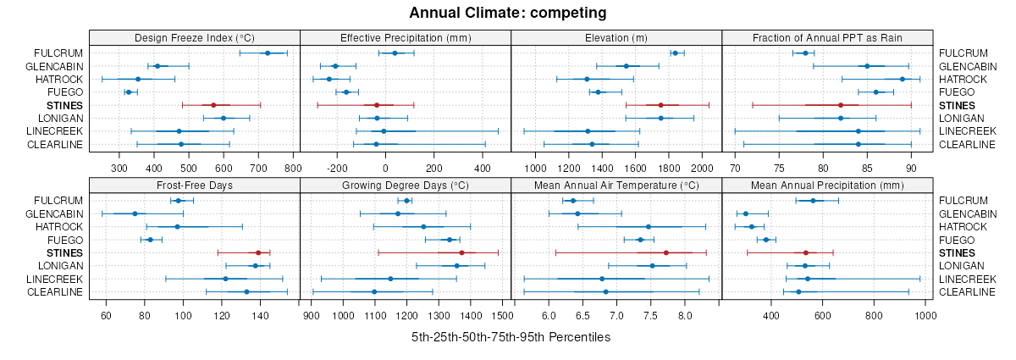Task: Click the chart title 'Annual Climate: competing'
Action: click(x=508, y=13)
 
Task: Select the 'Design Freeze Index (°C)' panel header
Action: click(x=194, y=38)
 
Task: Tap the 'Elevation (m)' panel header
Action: click(x=616, y=38)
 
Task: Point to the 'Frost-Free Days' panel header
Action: click(x=194, y=185)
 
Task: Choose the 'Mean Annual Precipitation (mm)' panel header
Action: click(x=827, y=185)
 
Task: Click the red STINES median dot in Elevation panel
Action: click(x=660, y=105)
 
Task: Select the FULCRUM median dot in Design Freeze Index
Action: click(x=268, y=53)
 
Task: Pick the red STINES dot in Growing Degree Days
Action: click(x=461, y=252)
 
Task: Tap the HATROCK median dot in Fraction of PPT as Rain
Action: click(x=903, y=79)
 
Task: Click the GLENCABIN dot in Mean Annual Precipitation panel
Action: click(x=746, y=213)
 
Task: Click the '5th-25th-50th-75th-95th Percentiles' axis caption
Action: click(x=511, y=337)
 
